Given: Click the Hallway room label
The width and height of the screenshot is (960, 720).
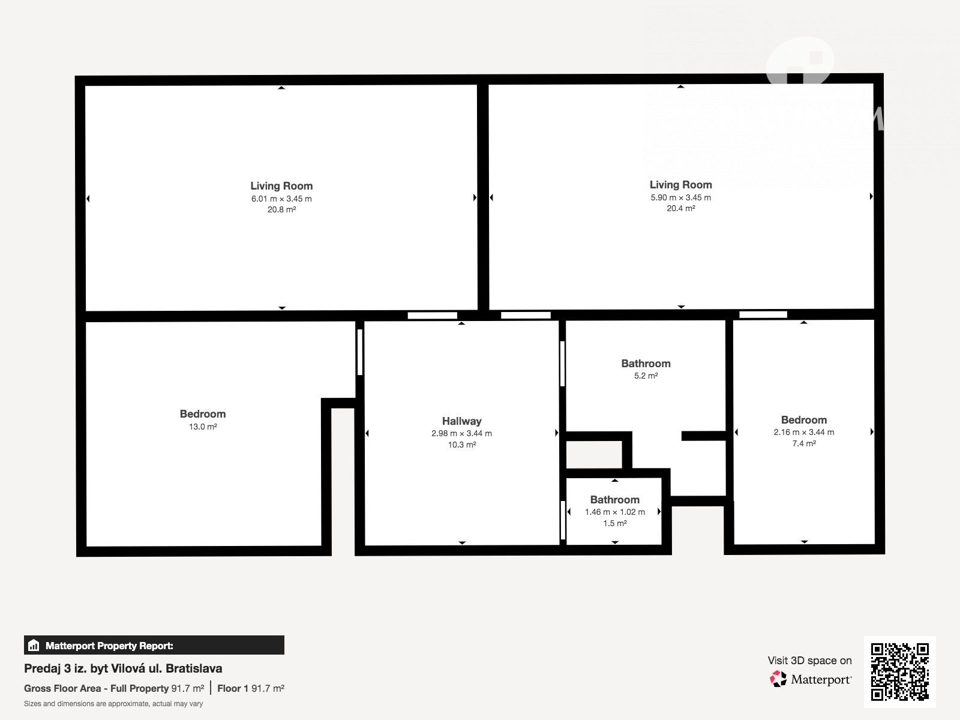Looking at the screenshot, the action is tap(461, 421).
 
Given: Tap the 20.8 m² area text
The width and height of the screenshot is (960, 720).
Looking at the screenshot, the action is tap(281, 209).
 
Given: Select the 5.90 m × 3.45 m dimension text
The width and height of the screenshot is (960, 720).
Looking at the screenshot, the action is tap(680, 197).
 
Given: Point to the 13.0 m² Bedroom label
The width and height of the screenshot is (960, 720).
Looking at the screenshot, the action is tap(202, 413).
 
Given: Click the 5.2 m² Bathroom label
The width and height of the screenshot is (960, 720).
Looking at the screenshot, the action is tap(646, 363).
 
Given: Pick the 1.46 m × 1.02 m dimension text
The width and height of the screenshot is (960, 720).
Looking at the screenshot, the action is tap(615, 512).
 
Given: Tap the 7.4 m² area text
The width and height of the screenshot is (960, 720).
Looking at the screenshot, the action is tap(804, 443).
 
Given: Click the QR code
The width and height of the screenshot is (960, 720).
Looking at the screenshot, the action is tap(899, 671).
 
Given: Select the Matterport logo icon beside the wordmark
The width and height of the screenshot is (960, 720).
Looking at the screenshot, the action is tap(778, 679).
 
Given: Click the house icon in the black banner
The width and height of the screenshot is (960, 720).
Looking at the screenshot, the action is tap(34, 645).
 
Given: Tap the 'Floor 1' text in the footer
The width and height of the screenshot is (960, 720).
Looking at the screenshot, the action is tap(233, 689).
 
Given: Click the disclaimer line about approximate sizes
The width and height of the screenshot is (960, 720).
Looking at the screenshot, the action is tap(113, 704).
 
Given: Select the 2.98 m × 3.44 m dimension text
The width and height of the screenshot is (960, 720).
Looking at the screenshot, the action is tap(461, 433).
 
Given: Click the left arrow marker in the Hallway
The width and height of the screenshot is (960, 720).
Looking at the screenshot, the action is tap(367, 433).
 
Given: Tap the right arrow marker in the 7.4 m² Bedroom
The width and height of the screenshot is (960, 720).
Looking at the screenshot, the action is tap(872, 431).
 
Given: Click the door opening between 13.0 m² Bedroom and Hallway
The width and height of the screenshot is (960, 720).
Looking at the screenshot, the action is tap(360, 352).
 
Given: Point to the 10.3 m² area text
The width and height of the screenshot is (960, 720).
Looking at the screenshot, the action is tap(462, 445).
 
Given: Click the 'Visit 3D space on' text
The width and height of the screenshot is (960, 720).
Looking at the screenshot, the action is tap(809, 661).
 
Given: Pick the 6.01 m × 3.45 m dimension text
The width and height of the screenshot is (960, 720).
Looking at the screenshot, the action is tap(281, 199).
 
